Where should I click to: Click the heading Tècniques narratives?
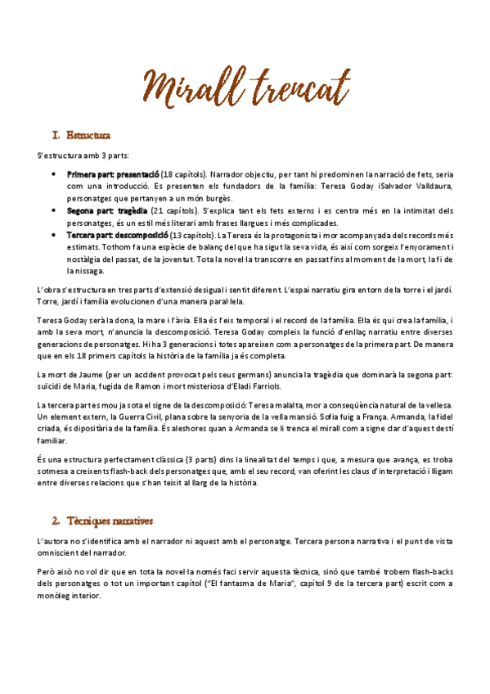tap(113, 520)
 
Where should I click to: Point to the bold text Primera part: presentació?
tap(113, 174)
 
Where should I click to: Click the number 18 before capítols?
tap(168, 174)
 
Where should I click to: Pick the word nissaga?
tap(82, 270)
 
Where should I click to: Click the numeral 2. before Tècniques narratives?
tap(56, 520)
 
